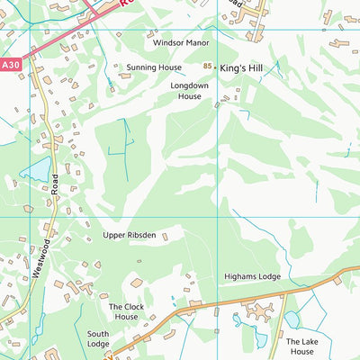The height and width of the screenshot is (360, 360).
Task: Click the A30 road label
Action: pos(10,65)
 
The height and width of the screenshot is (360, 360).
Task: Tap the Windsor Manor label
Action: pos(180,42)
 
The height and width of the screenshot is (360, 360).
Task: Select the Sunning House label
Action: pos(154,67)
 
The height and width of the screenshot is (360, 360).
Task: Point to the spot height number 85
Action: pos(208,67)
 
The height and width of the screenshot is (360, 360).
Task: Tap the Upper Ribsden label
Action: pos(129,235)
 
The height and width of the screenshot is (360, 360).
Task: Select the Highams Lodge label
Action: pos(252,276)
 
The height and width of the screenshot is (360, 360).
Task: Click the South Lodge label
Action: pos(98,338)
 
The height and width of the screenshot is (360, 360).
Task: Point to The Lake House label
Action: pos(302,346)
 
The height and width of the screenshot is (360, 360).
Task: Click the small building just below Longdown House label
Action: pos(217,105)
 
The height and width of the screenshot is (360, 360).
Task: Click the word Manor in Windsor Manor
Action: pos(195,42)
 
